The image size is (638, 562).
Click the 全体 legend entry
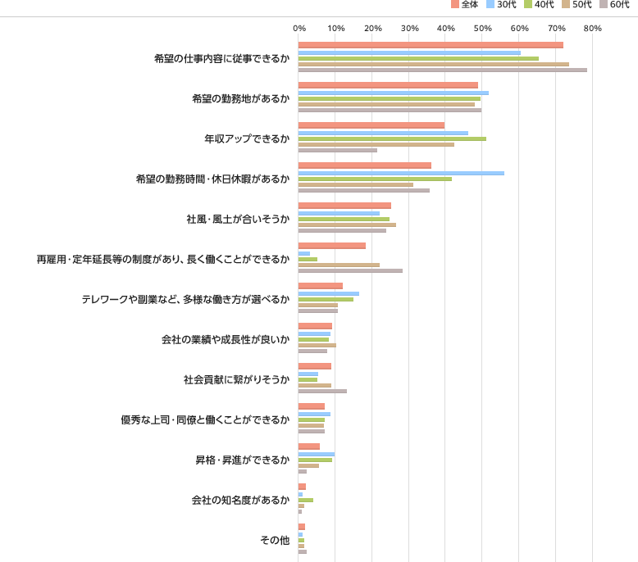coord(469,5)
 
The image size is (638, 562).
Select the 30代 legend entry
coord(506,5)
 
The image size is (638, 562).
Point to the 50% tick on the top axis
coord(482,29)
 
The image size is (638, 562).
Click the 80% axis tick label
coord(592,29)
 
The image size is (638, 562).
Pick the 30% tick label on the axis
coord(409,29)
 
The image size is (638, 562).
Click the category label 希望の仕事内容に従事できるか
coord(221,58)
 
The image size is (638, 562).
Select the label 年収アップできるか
coord(246,138)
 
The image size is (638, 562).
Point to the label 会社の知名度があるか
coord(239,500)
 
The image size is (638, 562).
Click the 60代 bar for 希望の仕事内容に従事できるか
coord(442,70)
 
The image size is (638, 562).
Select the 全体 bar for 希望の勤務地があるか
coord(388,85)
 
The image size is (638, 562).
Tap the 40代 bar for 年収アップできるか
coord(392,138)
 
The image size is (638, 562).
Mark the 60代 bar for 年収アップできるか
coord(338,151)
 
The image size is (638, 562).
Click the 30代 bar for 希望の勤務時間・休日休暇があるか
coord(401,173)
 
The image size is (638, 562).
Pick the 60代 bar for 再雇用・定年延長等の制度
coord(350,270)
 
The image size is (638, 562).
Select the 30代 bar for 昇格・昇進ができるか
coord(317,454)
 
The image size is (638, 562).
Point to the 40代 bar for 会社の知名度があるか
coord(306,500)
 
